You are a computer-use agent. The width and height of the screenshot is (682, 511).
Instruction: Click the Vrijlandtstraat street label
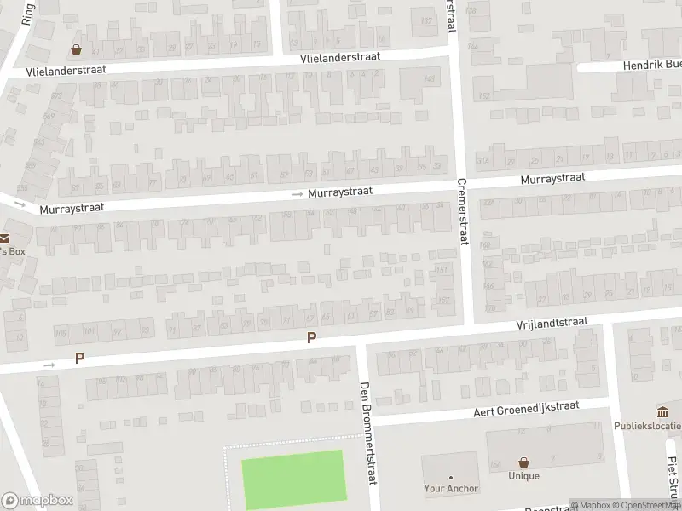click(552, 323)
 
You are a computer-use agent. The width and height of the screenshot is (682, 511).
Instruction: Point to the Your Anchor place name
click(451, 489)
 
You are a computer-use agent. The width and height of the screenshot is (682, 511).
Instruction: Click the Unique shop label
click(523, 476)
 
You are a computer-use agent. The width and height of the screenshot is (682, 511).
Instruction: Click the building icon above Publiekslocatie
click(662, 412)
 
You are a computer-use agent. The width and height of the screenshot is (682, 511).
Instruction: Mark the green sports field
click(294, 479)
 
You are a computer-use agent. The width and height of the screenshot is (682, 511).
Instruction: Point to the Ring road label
click(26, 15)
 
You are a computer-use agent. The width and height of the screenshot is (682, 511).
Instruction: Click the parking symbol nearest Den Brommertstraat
click(311, 338)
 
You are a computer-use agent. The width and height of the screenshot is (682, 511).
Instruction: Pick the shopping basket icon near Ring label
click(77, 49)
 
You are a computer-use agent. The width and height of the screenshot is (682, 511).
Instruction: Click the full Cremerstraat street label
click(463, 210)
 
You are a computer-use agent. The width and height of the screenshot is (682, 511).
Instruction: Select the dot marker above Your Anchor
click(451, 478)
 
